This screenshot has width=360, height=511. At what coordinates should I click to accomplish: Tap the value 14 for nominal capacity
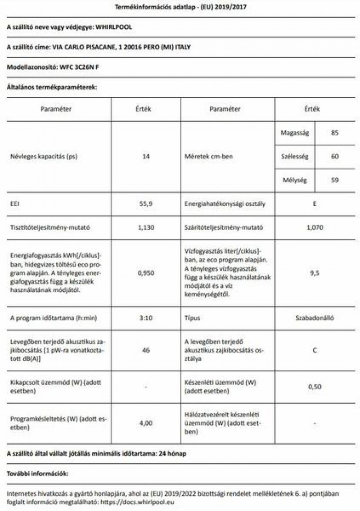pos(146,157)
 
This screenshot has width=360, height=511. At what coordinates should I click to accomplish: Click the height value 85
pos(334,133)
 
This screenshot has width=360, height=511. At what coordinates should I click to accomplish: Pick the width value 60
pos(334,157)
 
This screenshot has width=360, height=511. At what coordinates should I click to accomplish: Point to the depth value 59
pos(334,180)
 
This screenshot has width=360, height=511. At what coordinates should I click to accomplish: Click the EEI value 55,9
pos(146,204)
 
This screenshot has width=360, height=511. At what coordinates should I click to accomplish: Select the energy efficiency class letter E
pos(315,204)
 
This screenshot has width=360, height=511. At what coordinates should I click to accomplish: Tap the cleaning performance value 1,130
pos(146,228)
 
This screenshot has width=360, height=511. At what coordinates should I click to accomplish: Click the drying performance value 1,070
pos(315,228)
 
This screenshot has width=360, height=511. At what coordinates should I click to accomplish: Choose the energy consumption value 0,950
pos(146,273)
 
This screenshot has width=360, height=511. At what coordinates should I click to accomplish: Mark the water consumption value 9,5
pos(315,273)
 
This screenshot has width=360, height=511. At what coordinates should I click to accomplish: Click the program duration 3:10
pos(146,318)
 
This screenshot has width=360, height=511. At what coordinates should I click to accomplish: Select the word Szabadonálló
pos(315,318)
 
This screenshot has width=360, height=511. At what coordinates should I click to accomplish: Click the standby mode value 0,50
pos(315,387)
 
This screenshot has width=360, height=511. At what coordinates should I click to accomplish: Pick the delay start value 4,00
pos(146,423)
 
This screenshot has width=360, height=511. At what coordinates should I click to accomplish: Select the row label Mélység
pos(294,180)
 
